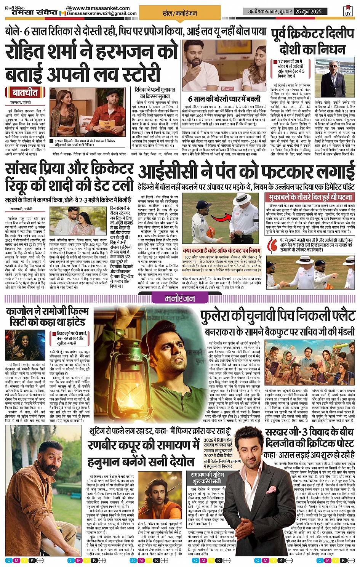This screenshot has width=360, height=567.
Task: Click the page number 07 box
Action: pyautogui.click(x=347, y=11)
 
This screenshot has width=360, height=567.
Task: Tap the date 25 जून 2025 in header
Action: pyautogui.click(x=308, y=11)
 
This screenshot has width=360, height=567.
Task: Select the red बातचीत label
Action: pyautogui.click(x=25, y=93)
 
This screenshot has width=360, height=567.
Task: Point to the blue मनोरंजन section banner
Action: pyautogui.click(x=180, y=299)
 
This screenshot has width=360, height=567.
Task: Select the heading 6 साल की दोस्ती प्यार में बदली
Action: pyautogui.click(x=224, y=99)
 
